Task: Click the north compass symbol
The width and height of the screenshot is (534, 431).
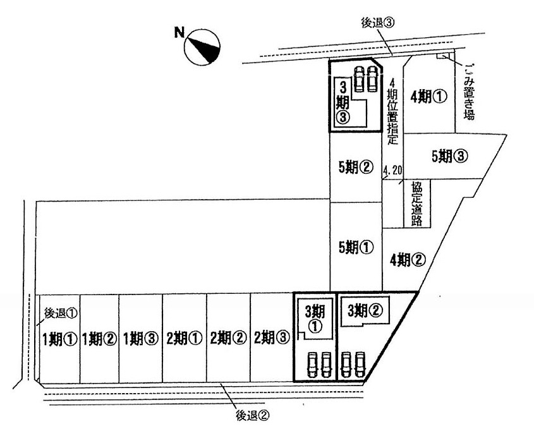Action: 202,47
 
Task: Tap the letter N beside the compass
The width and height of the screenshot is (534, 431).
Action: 179,33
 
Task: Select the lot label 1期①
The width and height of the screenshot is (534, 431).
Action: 60,339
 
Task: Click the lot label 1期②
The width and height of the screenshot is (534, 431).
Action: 99,339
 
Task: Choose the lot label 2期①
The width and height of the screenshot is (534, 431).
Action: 185,338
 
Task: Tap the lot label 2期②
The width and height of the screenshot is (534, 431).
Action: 228,338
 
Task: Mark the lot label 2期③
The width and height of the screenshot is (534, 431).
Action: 272,337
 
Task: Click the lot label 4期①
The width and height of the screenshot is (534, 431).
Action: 428,97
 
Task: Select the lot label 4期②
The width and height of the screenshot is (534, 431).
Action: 408,260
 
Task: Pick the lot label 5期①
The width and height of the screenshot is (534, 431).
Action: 356,248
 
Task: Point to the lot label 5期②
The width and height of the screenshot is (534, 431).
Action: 356,167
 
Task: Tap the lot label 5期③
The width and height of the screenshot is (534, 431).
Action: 449,156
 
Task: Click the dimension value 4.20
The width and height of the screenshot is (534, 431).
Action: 392,170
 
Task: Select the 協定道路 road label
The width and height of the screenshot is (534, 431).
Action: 416,203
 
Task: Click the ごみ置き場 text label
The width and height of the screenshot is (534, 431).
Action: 469,92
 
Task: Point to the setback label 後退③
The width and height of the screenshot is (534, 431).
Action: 378,23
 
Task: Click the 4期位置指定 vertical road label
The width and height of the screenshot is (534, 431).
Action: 392,111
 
